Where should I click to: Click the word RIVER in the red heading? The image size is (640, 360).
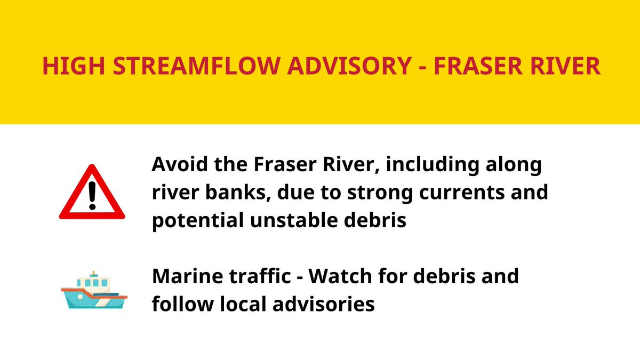coord(566,66)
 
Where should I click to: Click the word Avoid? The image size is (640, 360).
coord(176,165)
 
